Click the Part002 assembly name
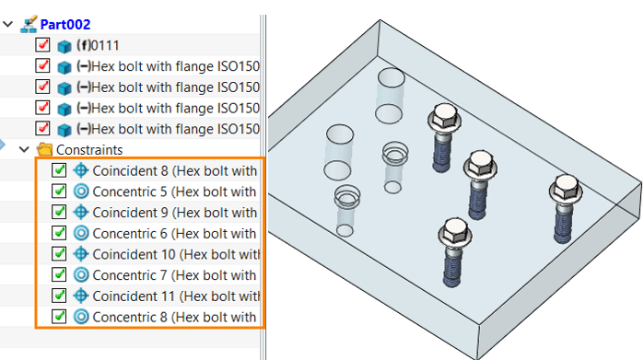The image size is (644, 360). coord(65,25)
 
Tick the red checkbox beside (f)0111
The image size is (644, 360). coord(42,44)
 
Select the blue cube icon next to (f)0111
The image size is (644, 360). coord(64,46)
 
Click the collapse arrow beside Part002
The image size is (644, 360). coord(7,24)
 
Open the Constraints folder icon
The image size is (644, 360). coord(44,149)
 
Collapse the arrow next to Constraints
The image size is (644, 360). coord(24,149)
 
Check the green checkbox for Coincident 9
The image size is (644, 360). coord(59,212)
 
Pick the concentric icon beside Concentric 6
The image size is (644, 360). coord(81,233)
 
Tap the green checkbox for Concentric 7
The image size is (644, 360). coord(59,274)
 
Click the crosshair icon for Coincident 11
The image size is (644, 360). coord(81,296)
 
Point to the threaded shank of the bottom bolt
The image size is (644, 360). coord(452,269)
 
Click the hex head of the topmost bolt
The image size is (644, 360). coord(445,115)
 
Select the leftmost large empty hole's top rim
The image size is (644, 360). coord(340,134)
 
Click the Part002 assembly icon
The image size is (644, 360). coord(29,24)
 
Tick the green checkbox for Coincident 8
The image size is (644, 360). coord(59,169)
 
